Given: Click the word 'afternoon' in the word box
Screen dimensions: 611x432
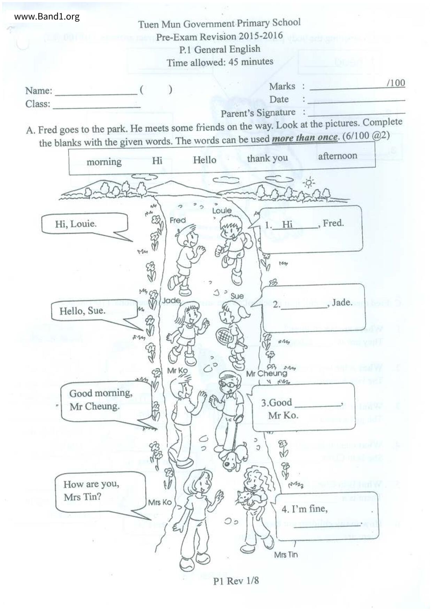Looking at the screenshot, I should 337,156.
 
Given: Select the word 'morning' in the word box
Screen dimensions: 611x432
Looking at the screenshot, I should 104,162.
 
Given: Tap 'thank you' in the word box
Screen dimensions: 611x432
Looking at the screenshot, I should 267,158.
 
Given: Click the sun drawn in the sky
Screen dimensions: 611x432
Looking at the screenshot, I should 309,183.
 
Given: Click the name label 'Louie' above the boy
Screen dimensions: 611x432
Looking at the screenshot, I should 222,210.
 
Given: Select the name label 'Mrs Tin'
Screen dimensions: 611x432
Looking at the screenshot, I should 286,555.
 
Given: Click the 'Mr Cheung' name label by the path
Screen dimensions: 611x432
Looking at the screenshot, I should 267,373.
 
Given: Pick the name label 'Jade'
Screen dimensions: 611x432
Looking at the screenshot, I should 171,300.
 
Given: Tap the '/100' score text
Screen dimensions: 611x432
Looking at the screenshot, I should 395,83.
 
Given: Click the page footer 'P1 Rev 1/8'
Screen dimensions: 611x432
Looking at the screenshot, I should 236,580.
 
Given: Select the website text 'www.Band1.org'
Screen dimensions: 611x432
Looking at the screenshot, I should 47,17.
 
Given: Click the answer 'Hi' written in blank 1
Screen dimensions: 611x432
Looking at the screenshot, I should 287,224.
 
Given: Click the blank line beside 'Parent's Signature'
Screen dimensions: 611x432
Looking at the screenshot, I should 356,112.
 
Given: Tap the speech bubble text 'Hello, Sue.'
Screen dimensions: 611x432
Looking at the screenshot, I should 82,311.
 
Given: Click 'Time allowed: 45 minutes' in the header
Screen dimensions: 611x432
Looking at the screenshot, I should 219,62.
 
